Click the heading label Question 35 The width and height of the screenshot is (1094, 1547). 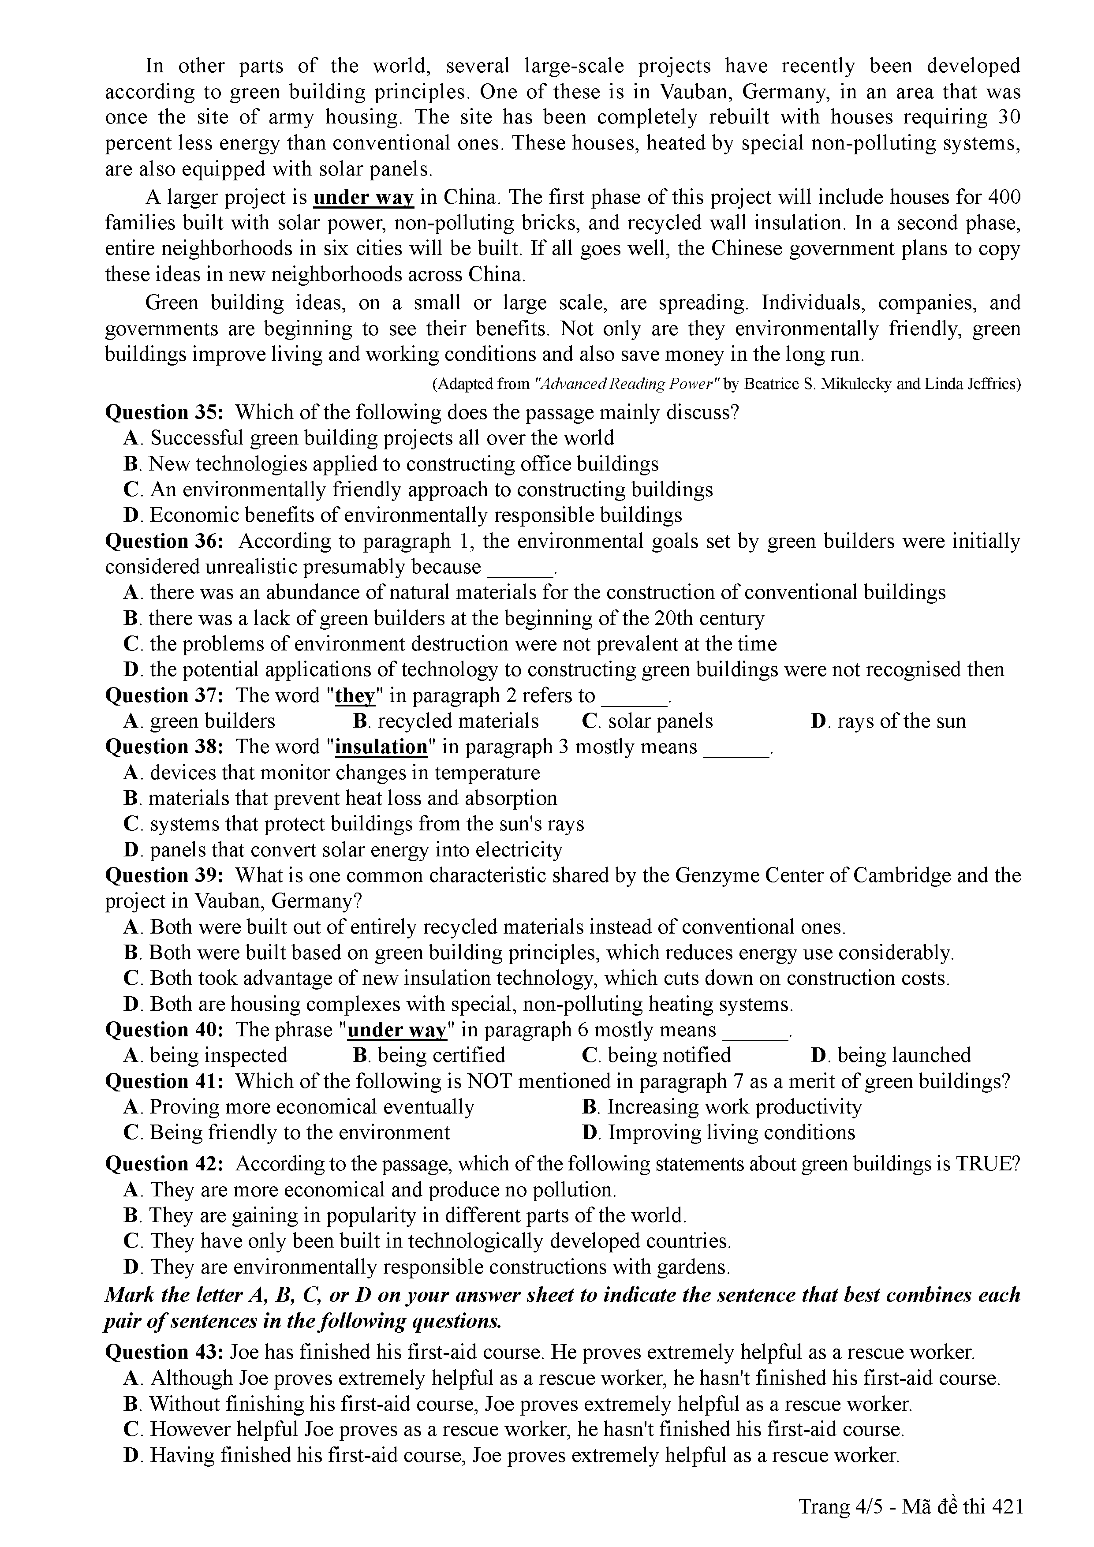pos(165,412)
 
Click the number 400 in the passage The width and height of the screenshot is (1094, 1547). pos(1004,198)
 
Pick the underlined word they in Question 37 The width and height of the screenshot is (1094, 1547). pos(355,695)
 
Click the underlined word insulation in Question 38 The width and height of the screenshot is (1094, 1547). pos(381,747)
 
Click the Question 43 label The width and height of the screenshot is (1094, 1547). pos(165,1352)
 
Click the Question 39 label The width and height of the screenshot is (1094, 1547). pos(165,875)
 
